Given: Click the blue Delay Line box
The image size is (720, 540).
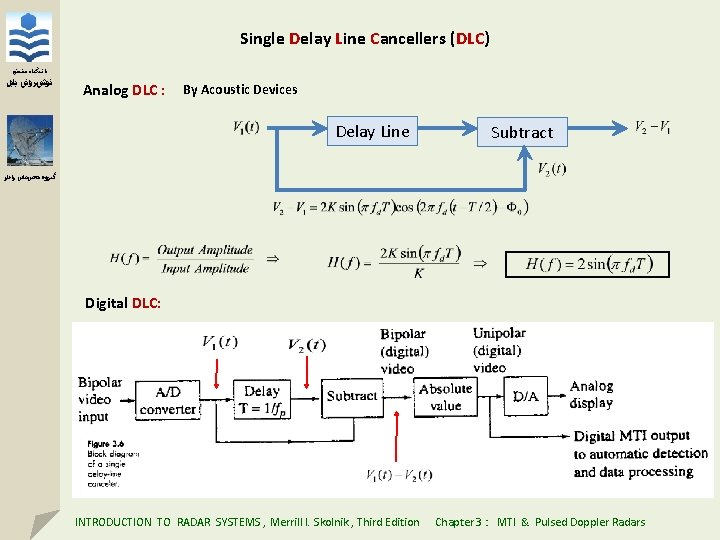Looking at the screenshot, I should (372, 131).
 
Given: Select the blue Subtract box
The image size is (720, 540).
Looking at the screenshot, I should (521, 131).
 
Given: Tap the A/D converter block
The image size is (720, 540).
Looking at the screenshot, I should (168, 399).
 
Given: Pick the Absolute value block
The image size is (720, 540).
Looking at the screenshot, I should (446, 397).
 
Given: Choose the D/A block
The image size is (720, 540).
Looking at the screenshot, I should (525, 396).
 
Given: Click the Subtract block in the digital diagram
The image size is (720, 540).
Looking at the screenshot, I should (352, 396).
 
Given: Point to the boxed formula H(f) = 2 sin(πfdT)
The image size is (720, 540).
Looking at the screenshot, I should (587, 264).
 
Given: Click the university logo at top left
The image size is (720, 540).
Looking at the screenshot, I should (29, 38).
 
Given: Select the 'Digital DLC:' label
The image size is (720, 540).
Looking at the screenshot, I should (123, 303).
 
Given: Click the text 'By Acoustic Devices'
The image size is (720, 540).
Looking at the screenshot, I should (240, 90).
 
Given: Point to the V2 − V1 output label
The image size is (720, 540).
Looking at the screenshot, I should (653, 127).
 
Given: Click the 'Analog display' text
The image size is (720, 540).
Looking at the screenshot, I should (591, 395).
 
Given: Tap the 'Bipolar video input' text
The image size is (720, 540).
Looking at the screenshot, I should (100, 399).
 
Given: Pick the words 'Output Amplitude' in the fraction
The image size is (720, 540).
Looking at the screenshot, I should (205, 250).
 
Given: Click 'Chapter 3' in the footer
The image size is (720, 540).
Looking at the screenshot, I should (460, 522).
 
